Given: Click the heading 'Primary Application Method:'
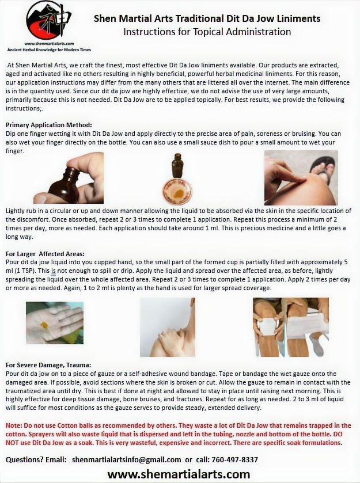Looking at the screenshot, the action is tap(49, 125).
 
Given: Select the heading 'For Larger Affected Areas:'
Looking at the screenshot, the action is tap(45, 254).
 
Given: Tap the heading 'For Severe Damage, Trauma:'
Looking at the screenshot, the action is tap(48, 365).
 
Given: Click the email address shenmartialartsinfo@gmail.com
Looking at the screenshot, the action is tap(126, 459).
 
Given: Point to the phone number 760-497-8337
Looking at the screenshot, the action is tap(234, 459).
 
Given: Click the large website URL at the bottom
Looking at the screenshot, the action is tap(179, 474).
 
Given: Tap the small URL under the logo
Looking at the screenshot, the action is tap(49, 44).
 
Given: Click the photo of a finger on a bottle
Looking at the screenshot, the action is tap(69, 178).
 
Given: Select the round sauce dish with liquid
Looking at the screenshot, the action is tap(177, 192).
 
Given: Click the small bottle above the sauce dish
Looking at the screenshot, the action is tap(177, 165).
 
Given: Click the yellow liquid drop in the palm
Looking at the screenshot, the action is tap(44, 325).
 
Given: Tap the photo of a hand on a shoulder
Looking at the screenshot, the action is tap(168, 327).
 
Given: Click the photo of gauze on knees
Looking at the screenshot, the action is tap(291, 327).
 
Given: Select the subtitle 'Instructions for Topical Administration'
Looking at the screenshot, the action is tap(207, 32).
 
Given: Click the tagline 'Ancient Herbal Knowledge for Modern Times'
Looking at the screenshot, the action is tap(49, 50).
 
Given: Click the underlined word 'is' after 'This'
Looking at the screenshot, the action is tap(54, 271).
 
